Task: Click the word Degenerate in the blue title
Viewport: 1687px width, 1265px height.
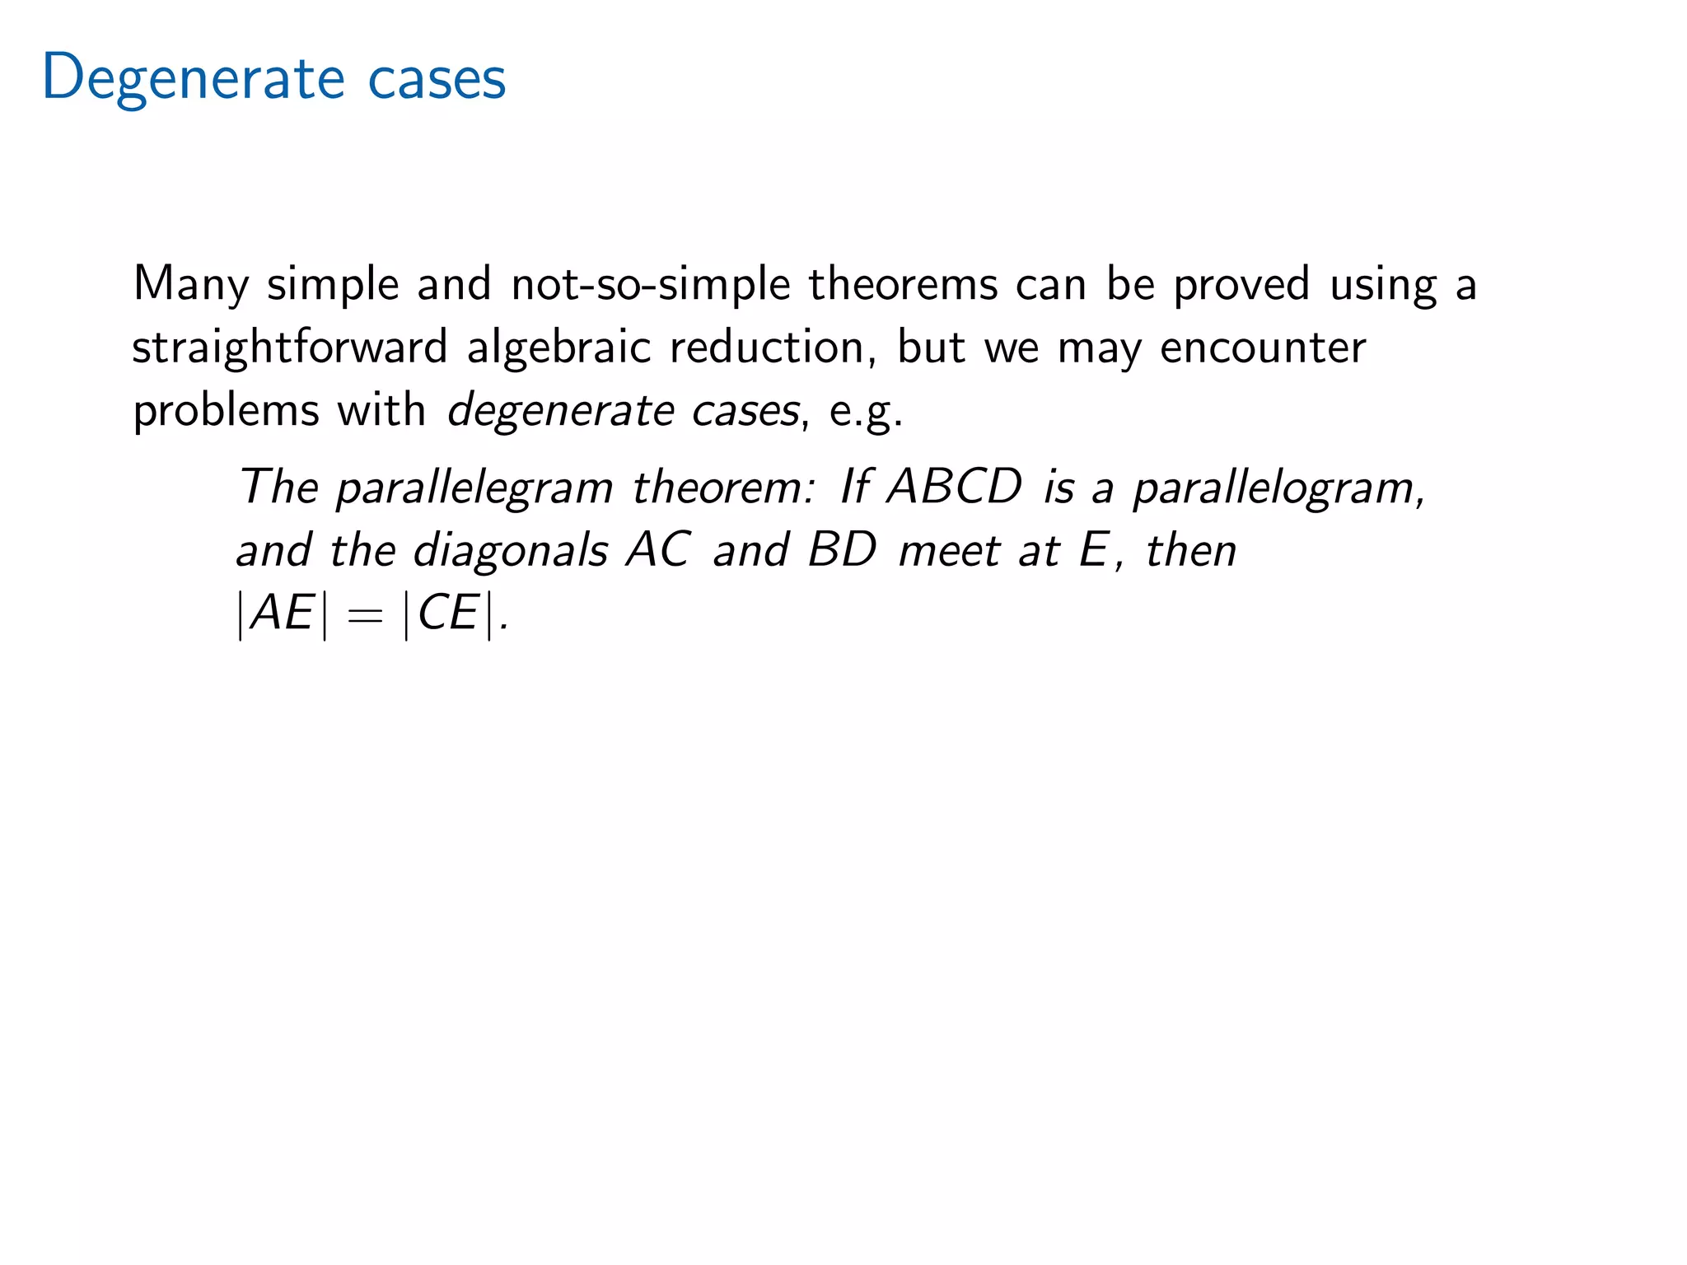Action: pos(193,78)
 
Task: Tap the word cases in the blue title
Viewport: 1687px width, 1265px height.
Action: pos(437,78)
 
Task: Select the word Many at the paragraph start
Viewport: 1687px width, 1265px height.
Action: pos(190,285)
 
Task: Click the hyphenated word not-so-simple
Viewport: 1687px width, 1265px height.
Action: pos(650,285)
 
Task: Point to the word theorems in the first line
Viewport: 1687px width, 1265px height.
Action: pos(902,285)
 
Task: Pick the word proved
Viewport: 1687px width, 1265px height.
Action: pos(1241,285)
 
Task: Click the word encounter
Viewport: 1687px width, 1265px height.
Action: pos(1263,348)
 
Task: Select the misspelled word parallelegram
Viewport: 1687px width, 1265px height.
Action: pos(474,488)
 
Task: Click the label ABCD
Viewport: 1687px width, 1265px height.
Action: pos(954,488)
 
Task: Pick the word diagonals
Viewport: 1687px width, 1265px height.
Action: pos(510,550)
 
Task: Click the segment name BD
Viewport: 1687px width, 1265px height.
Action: pos(841,550)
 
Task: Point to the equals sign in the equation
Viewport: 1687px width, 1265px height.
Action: pos(365,614)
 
